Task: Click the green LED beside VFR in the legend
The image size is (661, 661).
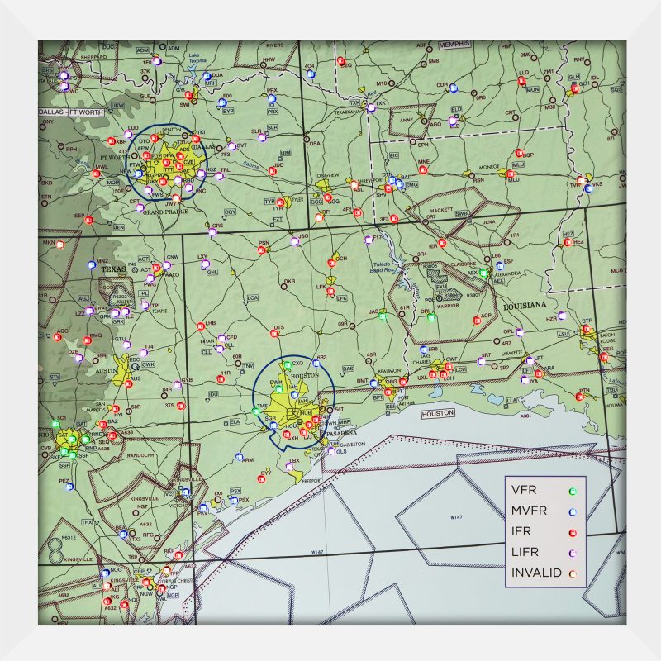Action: pos(572,491)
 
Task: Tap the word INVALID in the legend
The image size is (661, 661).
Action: pos(536,573)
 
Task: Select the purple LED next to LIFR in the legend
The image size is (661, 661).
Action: pos(572,552)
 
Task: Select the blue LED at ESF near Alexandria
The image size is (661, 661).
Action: pos(497,263)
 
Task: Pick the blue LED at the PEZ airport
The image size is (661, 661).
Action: pos(69,487)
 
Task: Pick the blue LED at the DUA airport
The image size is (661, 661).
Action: pos(207,76)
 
